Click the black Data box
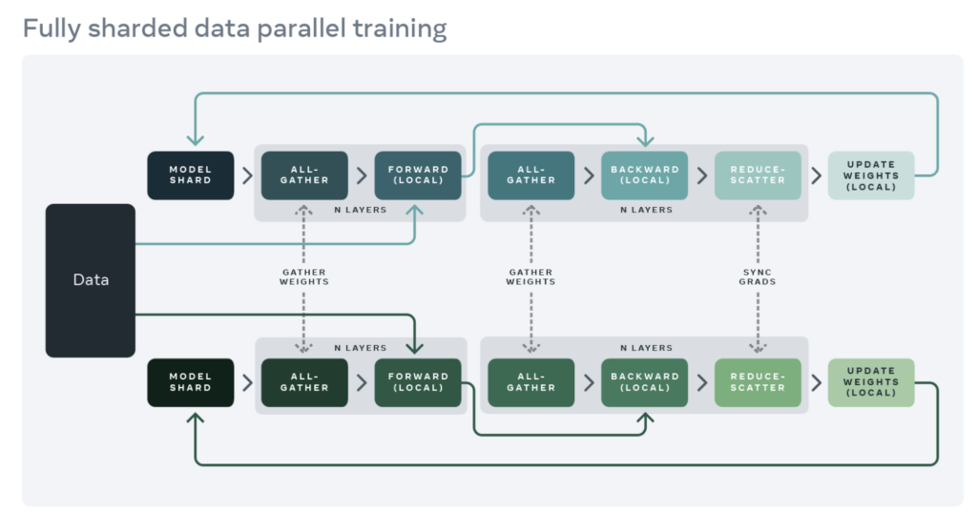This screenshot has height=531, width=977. (x=91, y=280)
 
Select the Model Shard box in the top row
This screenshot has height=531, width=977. (x=191, y=175)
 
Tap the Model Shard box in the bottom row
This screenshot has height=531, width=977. (x=191, y=382)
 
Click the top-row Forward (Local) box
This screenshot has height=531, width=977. (x=418, y=175)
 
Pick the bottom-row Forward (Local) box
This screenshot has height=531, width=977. (x=418, y=382)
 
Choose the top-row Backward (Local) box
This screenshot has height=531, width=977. (x=645, y=175)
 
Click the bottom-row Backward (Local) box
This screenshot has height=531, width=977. (x=645, y=382)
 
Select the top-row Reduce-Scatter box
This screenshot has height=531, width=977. (x=758, y=175)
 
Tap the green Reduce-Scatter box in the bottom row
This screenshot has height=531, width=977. (x=758, y=382)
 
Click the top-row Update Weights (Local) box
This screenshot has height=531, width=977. (x=870, y=175)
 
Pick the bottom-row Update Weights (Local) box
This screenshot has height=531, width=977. (x=870, y=382)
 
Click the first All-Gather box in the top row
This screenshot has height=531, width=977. (x=304, y=175)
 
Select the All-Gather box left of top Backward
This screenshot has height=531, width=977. (x=531, y=175)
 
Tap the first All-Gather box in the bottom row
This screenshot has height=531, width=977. (x=304, y=382)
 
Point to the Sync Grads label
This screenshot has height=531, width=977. (x=758, y=276)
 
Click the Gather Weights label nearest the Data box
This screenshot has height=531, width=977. (x=304, y=276)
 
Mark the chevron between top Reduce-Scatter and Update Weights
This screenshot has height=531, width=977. (x=816, y=175)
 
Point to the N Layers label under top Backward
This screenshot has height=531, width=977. (x=645, y=210)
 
